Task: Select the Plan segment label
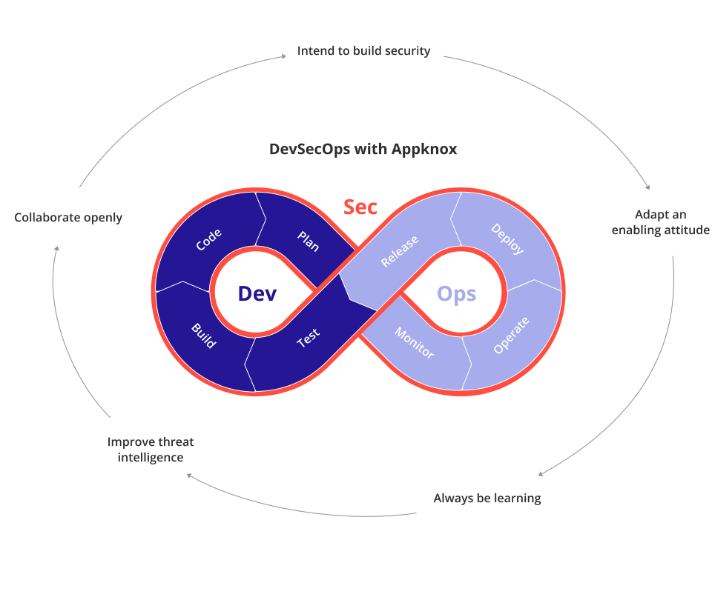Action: [308, 241]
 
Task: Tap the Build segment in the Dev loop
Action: [202, 335]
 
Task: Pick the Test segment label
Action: [308, 338]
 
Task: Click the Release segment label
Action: [399, 251]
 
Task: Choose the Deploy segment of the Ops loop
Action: [507, 239]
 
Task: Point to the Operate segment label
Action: [511, 335]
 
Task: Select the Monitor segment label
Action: [414, 343]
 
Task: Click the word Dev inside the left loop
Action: [257, 294]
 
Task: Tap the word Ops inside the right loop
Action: [456, 294]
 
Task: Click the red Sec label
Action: [360, 207]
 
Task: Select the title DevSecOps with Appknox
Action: [363, 149]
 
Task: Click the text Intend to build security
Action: [363, 51]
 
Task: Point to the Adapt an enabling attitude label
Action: [660, 223]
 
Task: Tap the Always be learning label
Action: [487, 498]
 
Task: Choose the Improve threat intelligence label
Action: [151, 450]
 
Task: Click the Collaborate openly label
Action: [68, 218]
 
